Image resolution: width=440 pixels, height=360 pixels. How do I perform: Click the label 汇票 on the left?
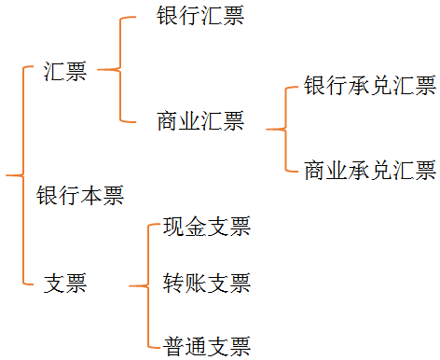tap(65, 72)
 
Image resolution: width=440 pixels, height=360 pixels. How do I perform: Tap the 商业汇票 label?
tap(200, 120)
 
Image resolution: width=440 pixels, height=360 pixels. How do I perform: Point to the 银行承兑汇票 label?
tap(370, 87)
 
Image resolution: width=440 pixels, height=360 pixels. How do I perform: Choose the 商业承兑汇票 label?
tap(370, 171)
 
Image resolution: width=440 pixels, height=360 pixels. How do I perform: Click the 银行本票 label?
tap(80, 196)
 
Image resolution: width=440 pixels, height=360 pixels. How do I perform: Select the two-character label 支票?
tap(65, 284)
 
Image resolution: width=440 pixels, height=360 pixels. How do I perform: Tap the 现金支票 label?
tap(206, 227)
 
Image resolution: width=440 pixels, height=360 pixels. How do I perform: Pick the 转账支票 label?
tap(206, 284)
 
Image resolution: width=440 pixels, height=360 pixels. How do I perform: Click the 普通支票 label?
tap(206, 347)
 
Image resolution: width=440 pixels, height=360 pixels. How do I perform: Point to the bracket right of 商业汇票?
tap(282, 129)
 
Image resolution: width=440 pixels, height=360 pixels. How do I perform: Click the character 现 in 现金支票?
tap(173, 227)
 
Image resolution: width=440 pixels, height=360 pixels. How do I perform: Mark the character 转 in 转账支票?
tap(173, 284)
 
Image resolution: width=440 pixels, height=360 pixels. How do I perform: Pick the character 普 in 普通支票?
tap(173, 347)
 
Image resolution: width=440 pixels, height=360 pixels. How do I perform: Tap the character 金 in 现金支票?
tap(195, 227)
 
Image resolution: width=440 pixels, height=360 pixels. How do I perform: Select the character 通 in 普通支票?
tap(195, 347)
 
